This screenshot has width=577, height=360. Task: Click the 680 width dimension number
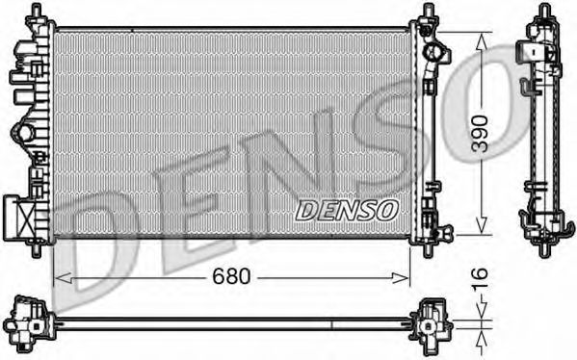pos(230,277)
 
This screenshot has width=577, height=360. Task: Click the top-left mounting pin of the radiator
pos(36,12)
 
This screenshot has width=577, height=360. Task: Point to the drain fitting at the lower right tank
pos(443,233)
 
